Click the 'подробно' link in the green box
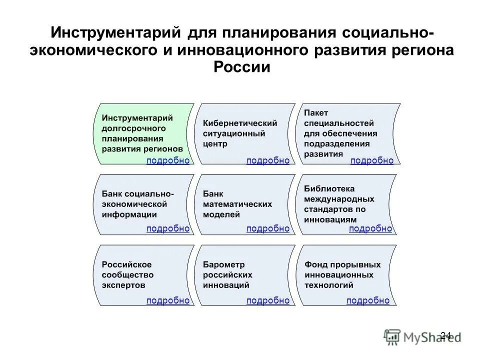click(x=168, y=160)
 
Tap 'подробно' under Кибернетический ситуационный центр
click(x=268, y=160)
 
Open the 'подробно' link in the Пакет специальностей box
click(x=372, y=160)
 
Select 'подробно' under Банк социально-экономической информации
click(x=168, y=228)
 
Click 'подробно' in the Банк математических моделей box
click(x=268, y=228)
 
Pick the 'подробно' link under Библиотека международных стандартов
click(x=370, y=228)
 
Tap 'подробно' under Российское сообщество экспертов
click(x=168, y=300)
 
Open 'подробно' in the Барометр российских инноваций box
click(x=268, y=300)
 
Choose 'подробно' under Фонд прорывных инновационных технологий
click(x=368, y=300)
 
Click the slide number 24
click(x=446, y=335)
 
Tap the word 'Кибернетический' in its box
click(x=240, y=122)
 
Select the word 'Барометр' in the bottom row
click(x=224, y=264)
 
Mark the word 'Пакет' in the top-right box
click(x=316, y=112)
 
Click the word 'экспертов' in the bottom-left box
click(x=123, y=285)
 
